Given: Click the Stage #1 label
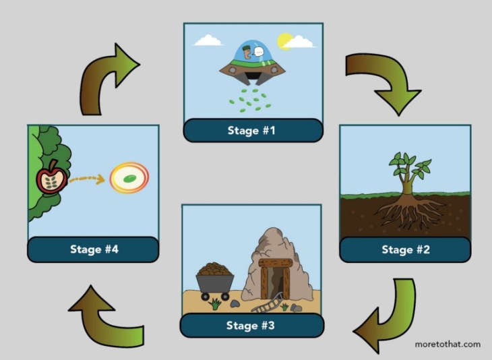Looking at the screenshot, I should coord(251,130).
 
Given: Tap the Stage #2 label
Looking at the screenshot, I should coord(405,250).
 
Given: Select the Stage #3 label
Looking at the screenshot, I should coord(251,326).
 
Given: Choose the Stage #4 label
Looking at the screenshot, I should coord(94,249).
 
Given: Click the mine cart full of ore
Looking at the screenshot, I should coord(215,278).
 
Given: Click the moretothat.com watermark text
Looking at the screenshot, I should coord(448,344).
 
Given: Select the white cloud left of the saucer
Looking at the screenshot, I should coord(208,40).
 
